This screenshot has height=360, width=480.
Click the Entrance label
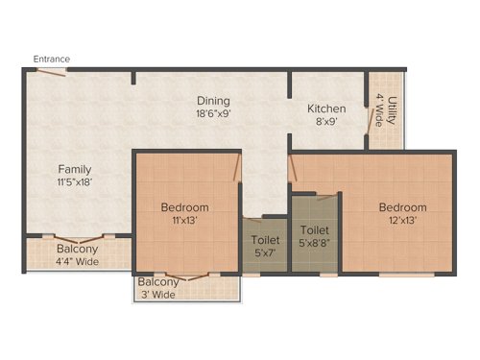(x=52, y=59)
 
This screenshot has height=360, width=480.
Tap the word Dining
(x=212, y=100)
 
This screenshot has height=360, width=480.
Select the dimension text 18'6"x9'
(x=212, y=113)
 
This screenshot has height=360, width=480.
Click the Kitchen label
(x=325, y=108)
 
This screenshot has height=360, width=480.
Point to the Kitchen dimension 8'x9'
(x=325, y=122)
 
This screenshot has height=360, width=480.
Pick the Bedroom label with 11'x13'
(x=184, y=207)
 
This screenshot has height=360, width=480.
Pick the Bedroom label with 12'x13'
(x=402, y=207)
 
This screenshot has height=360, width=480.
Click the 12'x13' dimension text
(x=402, y=221)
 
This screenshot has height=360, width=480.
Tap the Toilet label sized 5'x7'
(x=265, y=240)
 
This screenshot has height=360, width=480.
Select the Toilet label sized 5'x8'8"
(x=314, y=230)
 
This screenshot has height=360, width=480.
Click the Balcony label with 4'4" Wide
(x=75, y=247)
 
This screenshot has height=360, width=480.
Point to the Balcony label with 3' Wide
(x=156, y=282)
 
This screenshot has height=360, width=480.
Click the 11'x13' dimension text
(x=184, y=221)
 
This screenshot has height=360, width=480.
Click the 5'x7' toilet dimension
(x=265, y=253)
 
